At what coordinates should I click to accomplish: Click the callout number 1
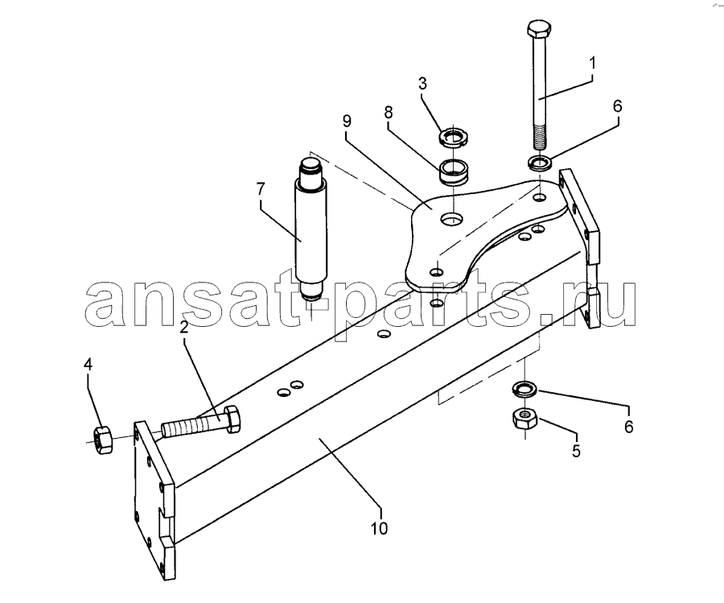tap(592, 64)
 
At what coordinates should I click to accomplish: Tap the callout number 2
tap(183, 328)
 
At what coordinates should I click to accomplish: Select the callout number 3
tap(422, 84)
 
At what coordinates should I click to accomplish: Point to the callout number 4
tap(88, 365)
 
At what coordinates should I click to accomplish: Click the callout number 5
tap(576, 451)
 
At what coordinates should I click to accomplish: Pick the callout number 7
tap(261, 189)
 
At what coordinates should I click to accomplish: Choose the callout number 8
tap(388, 112)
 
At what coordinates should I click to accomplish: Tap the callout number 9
tap(347, 121)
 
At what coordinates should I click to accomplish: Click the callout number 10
tap(380, 527)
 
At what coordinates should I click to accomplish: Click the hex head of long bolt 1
tap(538, 30)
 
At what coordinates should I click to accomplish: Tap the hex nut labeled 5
tap(524, 419)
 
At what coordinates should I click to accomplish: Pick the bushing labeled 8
tap(453, 171)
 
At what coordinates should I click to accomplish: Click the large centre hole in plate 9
tap(451, 219)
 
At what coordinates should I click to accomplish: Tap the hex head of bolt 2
tap(232, 419)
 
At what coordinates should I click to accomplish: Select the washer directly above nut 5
tap(524, 389)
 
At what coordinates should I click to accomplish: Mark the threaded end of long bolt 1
tap(540, 136)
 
